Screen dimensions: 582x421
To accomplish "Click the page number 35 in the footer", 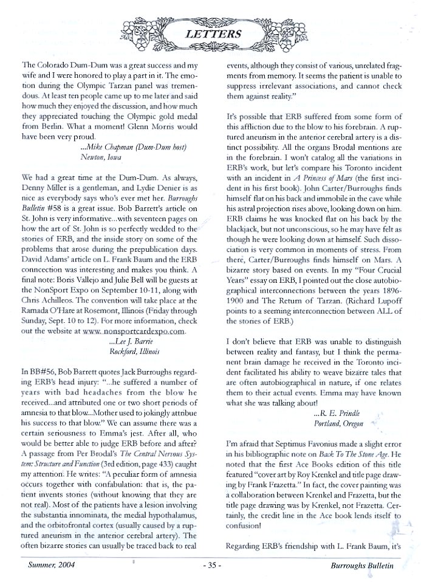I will point(210,564).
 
